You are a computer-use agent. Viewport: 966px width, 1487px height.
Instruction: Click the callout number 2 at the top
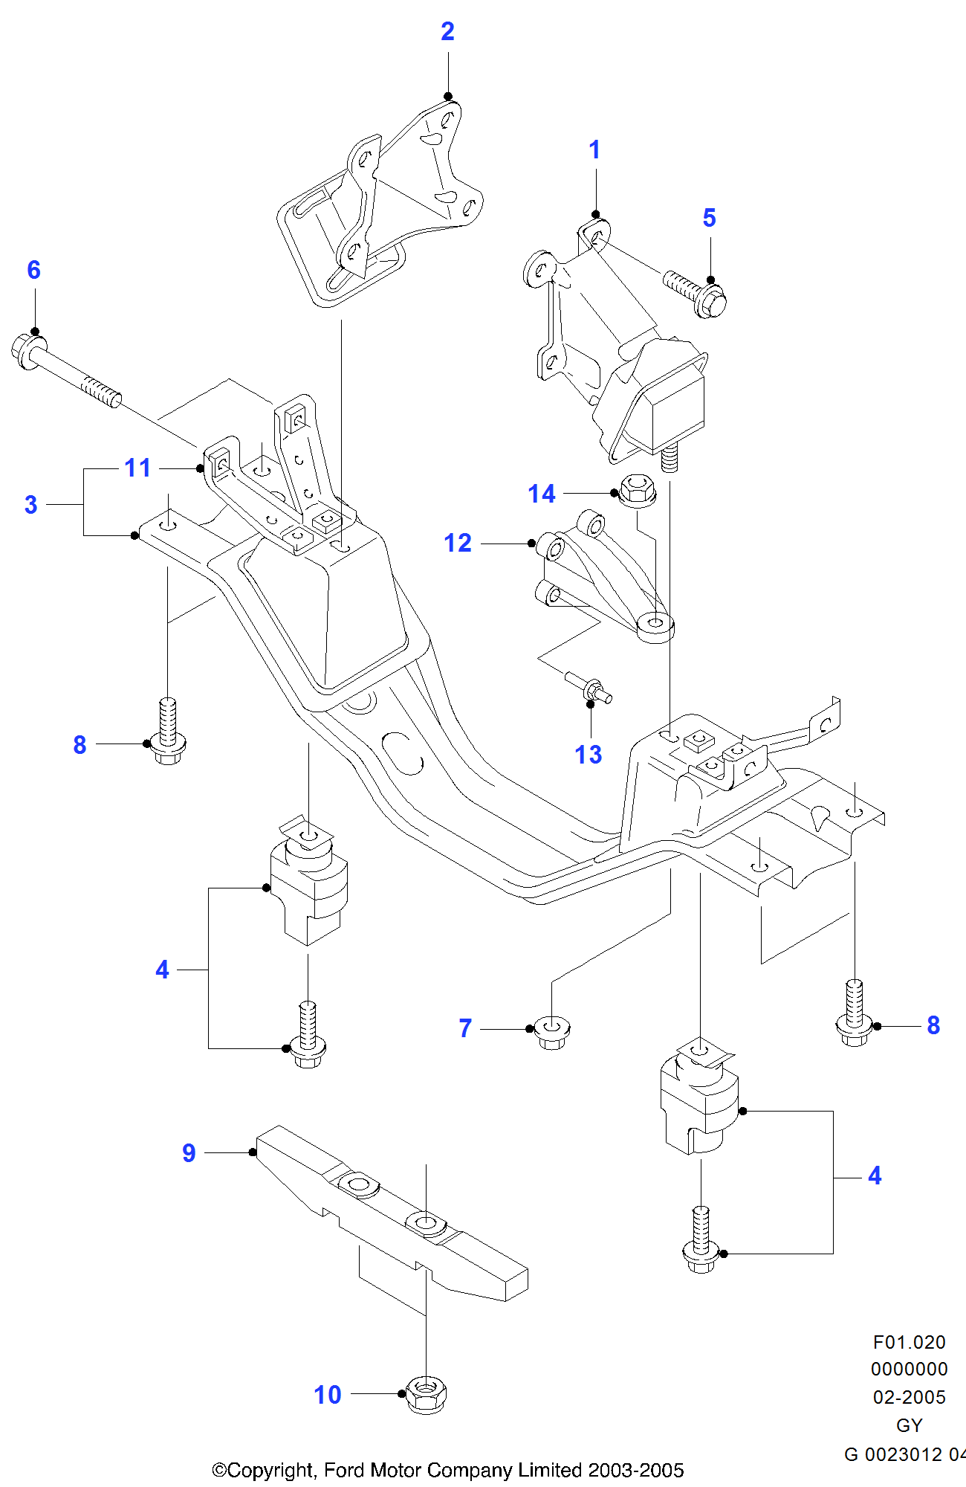click(447, 31)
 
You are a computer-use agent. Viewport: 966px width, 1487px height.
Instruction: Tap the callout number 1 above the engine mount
click(594, 150)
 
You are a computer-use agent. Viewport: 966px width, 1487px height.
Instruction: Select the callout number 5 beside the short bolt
click(709, 218)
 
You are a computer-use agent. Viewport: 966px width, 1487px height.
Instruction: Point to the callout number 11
click(137, 468)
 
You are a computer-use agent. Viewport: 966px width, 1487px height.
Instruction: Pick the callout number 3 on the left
click(30, 505)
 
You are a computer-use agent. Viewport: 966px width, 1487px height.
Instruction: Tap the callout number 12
click(458, 543)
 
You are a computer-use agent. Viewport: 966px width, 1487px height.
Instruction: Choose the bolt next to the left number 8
click(169, 732)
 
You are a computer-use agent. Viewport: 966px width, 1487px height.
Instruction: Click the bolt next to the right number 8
click(855, 1015)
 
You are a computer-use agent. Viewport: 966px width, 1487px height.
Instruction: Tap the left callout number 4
click(162, 970)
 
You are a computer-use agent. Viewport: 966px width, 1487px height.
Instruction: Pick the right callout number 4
click(875, 1175)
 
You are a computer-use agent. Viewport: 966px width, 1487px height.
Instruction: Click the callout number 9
click(189, 1152)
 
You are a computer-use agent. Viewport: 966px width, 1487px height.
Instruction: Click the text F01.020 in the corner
click(909, 1342)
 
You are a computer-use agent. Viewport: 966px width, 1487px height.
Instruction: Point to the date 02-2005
click(909, 1397)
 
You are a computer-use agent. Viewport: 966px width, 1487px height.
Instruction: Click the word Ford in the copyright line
click(345, 1470)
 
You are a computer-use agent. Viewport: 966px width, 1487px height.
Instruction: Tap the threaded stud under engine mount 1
click(669, 458)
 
